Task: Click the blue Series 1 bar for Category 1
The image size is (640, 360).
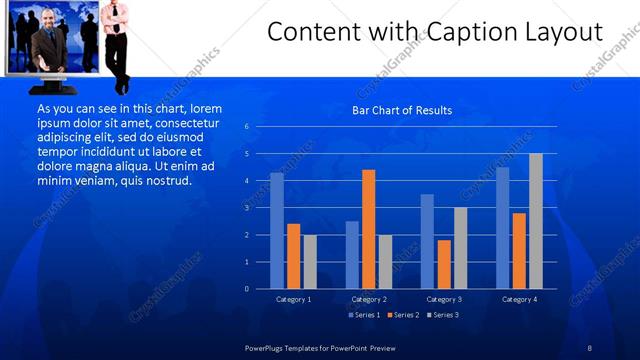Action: [277, 231]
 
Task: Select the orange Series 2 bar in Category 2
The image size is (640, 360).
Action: [369, 229]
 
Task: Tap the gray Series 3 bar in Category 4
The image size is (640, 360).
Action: [536, 221]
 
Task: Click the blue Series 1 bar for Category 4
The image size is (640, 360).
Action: [502, 228]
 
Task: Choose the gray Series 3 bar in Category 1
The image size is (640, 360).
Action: [310, 262]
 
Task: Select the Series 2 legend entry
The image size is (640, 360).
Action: [402, 315]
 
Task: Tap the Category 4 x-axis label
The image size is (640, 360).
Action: [519, 299]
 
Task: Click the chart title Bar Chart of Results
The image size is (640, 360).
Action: [401, 110]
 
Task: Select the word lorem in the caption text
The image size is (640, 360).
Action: [203, 108]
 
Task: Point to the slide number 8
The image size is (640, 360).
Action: [590, 347]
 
